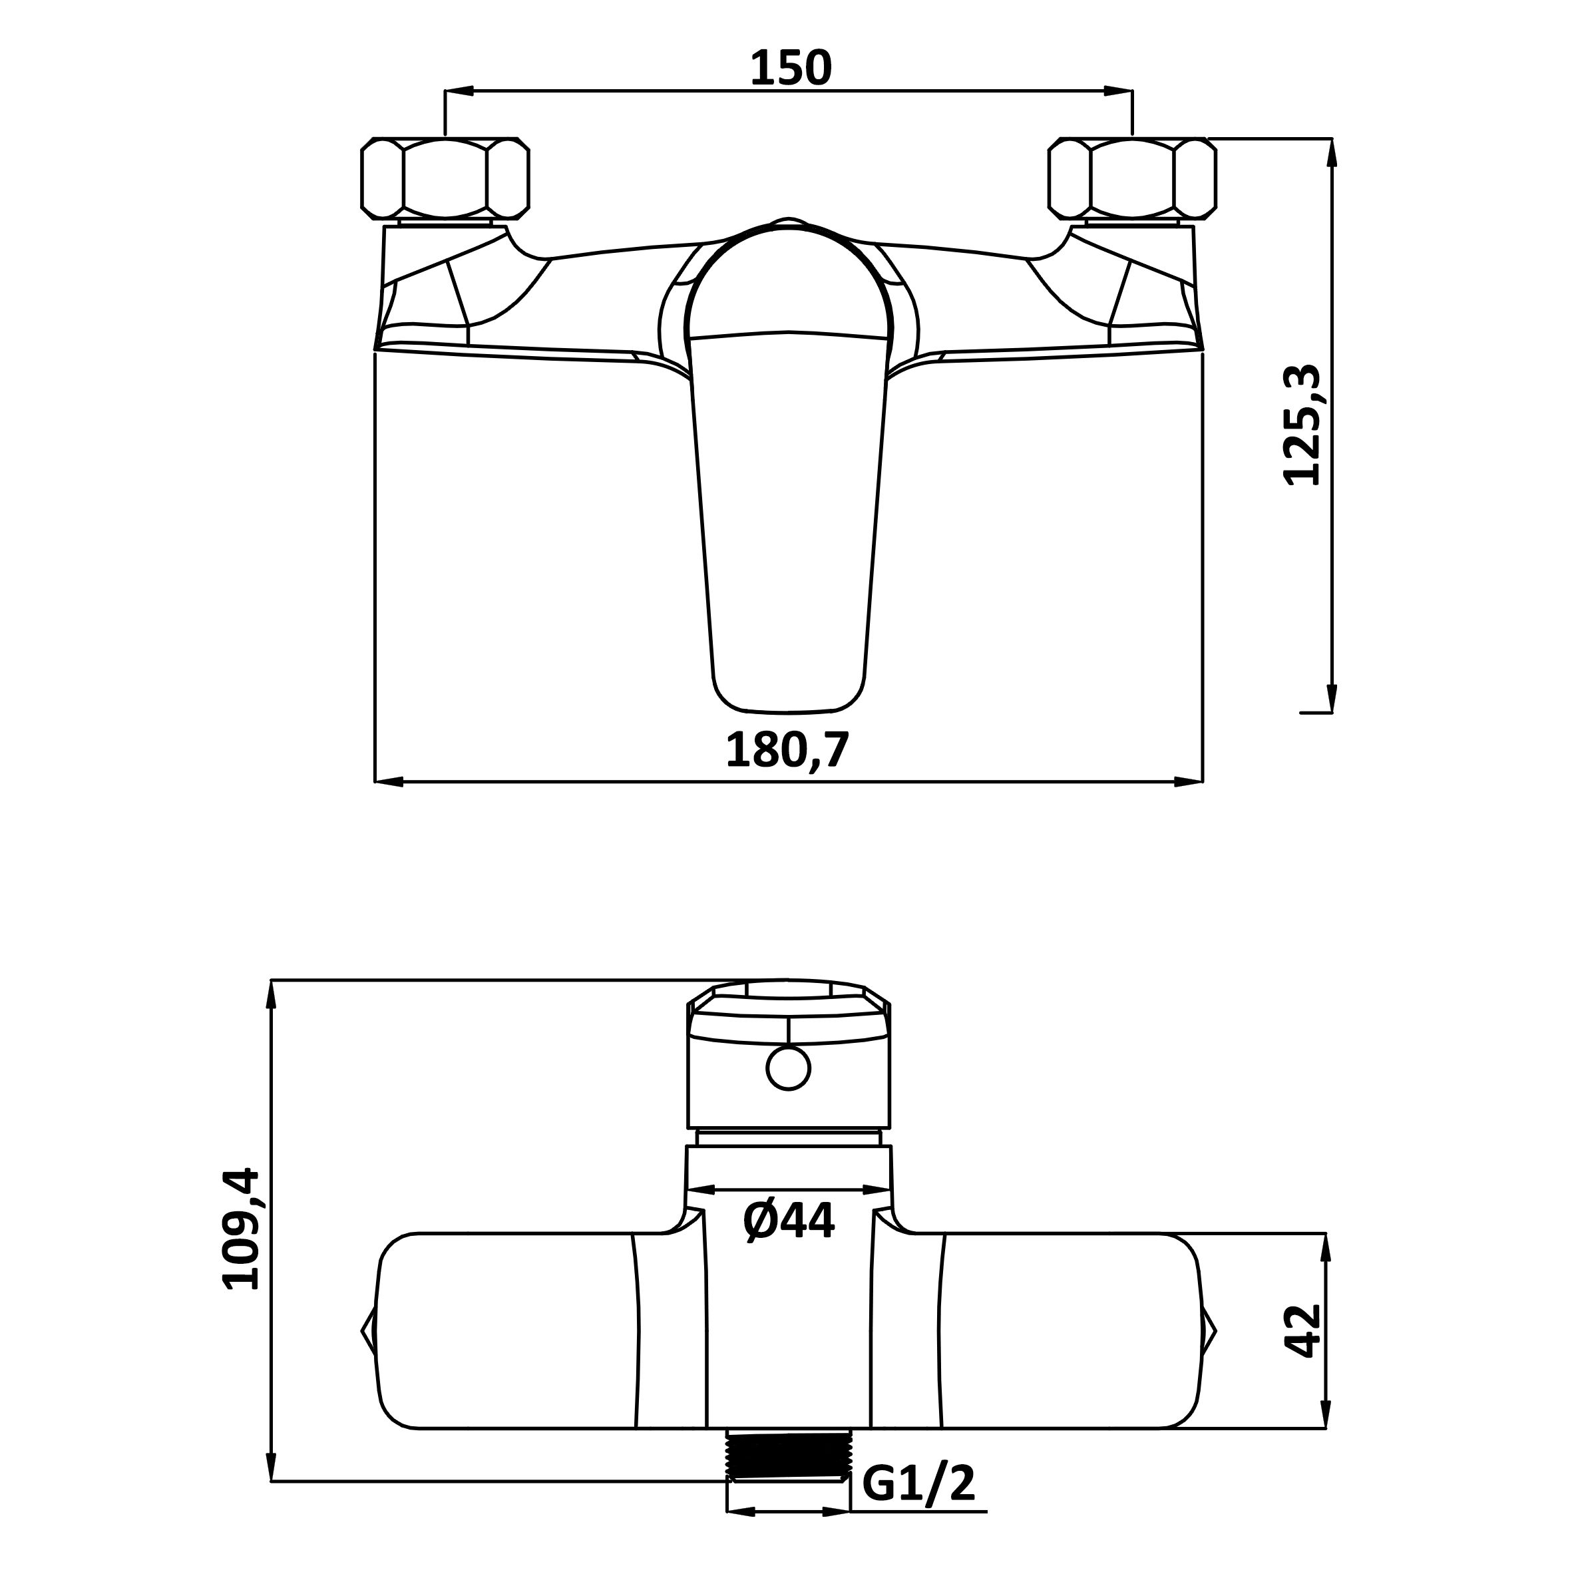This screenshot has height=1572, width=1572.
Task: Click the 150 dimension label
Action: (791, 69)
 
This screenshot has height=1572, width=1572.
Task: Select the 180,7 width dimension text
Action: (787, 749)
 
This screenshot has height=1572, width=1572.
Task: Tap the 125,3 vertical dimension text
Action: (1302, 425)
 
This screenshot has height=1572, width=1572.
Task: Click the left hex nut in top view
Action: (445, 178)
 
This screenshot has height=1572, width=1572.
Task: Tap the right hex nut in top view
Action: (1133, 178)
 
